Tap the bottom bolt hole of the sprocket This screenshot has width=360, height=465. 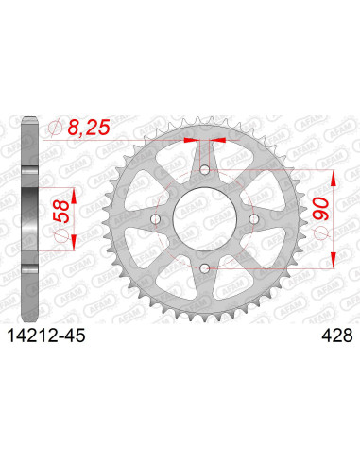[x=205, y=271]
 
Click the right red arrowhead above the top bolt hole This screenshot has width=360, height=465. [x=214, y=140]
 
